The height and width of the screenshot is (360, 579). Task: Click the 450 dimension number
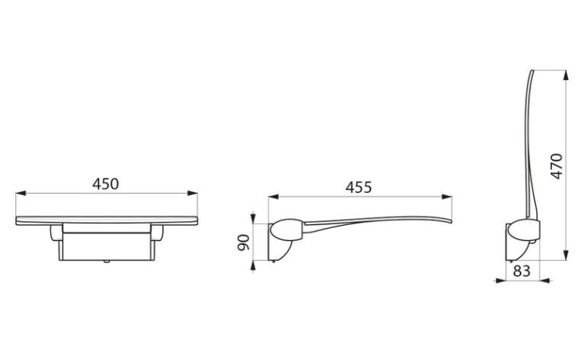click(x=105, y=184)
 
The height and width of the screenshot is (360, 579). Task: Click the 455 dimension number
click(x=359, y=188)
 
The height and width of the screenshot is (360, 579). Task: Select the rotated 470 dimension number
click(x=556, y=166)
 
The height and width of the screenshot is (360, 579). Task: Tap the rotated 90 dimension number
click(x=243, y=243)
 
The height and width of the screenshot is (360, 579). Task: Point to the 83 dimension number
click(x=522, y=271)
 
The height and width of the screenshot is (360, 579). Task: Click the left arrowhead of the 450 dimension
click(x=21, y=193)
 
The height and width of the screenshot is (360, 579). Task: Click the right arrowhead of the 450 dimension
click(x=192, y=193)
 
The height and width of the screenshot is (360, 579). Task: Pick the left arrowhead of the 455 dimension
click(x=273, y=198)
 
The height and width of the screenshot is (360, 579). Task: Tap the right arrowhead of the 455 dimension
click(x=447, y=198)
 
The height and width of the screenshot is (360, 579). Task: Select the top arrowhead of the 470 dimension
click(x=566, y=76)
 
